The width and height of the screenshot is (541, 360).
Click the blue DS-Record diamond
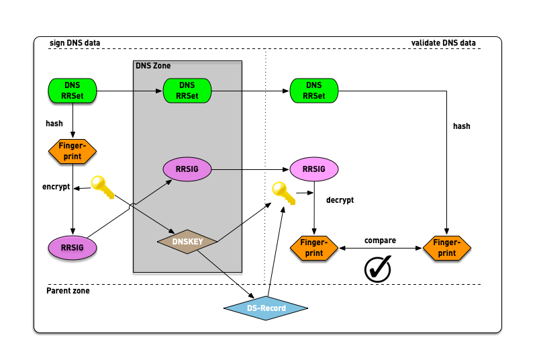click(x=265, y=308)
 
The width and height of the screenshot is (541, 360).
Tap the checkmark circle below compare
click(x=377, y=269)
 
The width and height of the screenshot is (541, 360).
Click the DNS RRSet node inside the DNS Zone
click(x=187, y=91)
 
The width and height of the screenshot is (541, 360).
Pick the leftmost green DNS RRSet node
click(x=72, y=91)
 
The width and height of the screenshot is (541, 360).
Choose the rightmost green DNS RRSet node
click(x=313, y=91)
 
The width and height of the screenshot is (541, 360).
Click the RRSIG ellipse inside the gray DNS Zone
click(x=187, y=170)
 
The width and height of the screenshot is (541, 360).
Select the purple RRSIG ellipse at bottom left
click(x=72, y=247)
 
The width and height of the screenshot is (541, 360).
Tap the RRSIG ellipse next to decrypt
click(x=313, y=170)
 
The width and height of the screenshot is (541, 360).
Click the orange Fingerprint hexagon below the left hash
click(x=72, y=151)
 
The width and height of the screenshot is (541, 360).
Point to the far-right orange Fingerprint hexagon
click(x=446, y=249)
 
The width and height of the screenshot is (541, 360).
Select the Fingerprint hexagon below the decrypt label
click(x=313, y=249)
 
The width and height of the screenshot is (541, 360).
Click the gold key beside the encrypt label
click(x=103, y=187)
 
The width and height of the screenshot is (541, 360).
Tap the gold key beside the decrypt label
click(x=283, y=194)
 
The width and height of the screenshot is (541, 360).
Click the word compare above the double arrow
click(x=380, y=240)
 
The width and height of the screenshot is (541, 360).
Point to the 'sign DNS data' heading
click(x=75, y=44)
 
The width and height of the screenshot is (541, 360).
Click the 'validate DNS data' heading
click(x=443, y=44)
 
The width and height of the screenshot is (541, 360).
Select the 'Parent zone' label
click(x=68, y=291)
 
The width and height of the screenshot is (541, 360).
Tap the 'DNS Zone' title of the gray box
click(x=153, y=66)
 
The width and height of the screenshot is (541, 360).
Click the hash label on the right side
click(x=461, y=126)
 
